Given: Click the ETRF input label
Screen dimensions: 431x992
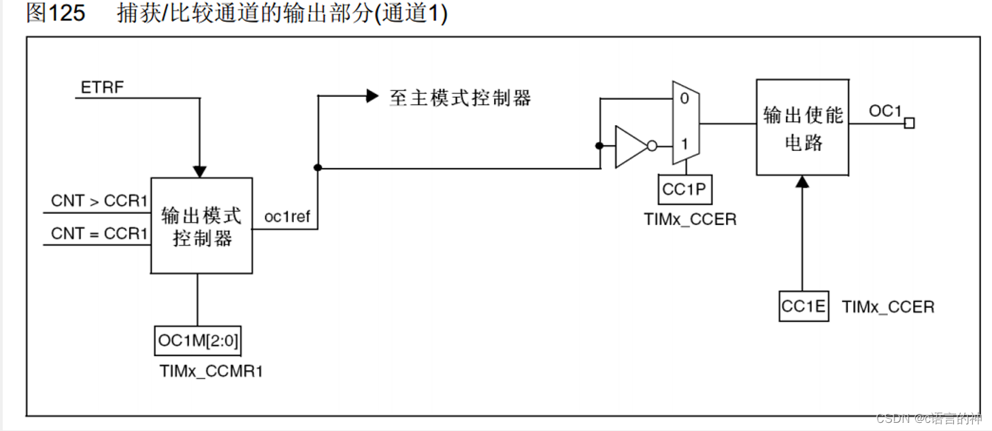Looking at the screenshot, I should [x=102, y=88].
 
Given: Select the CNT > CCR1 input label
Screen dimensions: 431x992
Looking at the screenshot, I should [x=99, y=201].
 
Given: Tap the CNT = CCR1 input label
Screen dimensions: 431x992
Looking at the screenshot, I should [x=99, y=234].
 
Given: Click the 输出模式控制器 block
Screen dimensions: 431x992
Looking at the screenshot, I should [x=201, y=226].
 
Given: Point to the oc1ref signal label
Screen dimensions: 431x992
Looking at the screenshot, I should [x=287, y=218].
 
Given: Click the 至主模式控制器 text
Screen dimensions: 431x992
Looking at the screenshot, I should [x=460, y=98].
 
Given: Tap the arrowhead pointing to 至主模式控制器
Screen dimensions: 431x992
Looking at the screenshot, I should [x=372, y=97].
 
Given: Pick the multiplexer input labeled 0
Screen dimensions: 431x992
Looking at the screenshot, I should [x=684, y=99].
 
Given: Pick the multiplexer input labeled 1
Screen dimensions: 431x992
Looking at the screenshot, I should [x=684, y=145].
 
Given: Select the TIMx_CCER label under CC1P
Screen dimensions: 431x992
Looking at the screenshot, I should [x=690, y=220].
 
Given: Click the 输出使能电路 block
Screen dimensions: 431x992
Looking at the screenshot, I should [x=802, y=128].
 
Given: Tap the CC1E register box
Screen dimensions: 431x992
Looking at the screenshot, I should [x=804, y=307].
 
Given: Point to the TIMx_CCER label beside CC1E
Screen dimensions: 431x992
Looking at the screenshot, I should [x=888, y=307].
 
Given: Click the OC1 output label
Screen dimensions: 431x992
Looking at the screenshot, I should [x=885, y=111].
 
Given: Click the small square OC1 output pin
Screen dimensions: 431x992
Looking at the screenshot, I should [x=909, y=123].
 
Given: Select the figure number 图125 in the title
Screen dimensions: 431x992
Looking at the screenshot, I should [x=56, y=14].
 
